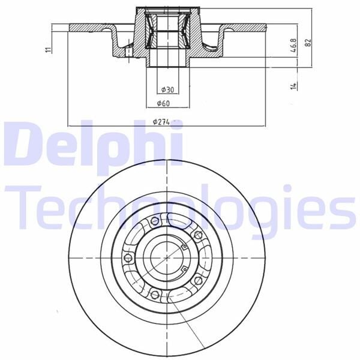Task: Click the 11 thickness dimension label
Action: click(48, 50)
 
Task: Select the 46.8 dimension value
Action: click(293, 45)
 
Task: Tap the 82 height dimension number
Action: click(308, 43)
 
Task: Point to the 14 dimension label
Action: click(293, 86)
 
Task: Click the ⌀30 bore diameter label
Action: click(167, 89)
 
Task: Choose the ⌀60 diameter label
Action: click(163, 104)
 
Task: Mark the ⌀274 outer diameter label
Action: click(161, 122)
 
